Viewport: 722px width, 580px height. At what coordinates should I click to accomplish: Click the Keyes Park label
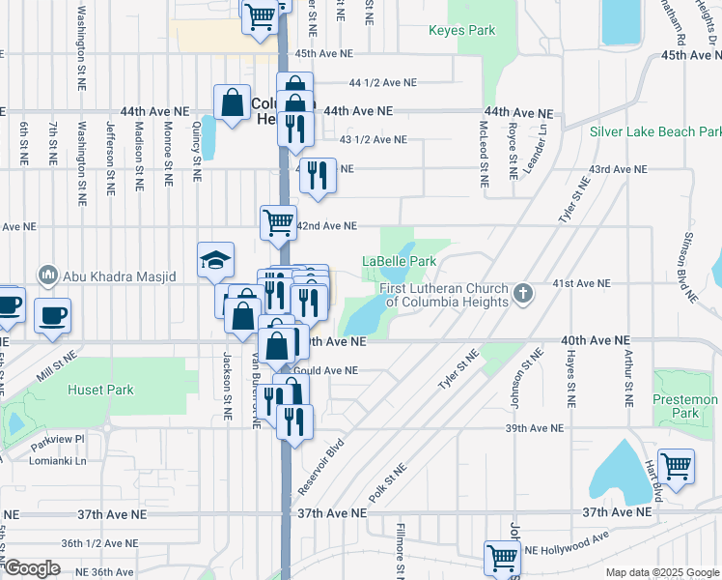pos(461,30)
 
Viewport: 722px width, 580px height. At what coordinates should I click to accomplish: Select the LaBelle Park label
pos(399,261)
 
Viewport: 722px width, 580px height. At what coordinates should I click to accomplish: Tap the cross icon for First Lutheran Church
pos(523,292)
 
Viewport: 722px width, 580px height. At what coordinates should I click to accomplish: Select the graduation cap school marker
pos(216,259)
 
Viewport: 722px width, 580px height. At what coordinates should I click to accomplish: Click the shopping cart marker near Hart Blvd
pos(676,466)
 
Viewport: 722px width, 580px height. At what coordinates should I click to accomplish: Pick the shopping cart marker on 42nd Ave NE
pos(278,221)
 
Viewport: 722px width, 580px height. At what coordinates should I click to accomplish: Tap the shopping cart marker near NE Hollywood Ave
pos(502,557)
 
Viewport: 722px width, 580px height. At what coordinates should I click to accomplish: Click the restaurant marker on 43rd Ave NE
pos(317,175)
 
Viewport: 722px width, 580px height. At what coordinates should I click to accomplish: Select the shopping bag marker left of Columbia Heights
pos(234,101)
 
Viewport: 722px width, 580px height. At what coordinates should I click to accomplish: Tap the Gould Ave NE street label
pos(327,370)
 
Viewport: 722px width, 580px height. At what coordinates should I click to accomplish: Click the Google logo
pos(33,568)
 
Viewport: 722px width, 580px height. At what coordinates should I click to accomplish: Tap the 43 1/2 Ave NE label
pos(374,139)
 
